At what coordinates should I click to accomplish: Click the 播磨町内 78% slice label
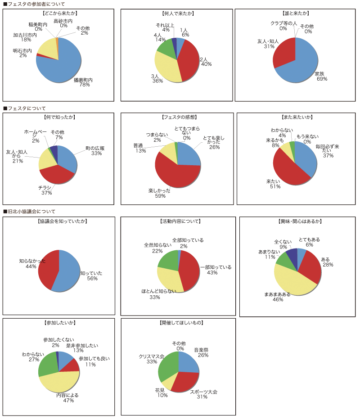coord(83,82)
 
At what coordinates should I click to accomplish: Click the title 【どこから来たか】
coord(58,14)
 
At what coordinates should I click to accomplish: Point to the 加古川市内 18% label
coord(25,37)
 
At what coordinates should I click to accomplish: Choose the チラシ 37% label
coord(47,190)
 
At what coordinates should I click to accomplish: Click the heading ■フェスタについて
coord(24,108)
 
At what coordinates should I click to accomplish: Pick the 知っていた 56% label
coord(92,275)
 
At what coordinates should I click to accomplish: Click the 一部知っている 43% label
coord(216,270)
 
